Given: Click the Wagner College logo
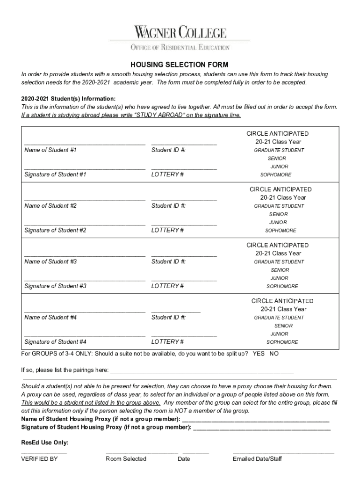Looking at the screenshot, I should point(180,33).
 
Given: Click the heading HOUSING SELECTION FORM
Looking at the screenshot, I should point(180,65).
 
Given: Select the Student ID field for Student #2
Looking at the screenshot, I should point(184,200).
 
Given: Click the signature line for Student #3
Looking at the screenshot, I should point(85,280).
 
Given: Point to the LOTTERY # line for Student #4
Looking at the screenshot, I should point(184,335).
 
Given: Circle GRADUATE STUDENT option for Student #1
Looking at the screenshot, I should point(279,151).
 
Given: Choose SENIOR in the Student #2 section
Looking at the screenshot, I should point(279,214).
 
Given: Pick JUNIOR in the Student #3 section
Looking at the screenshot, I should point(279,278).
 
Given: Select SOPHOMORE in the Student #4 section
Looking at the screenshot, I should point(282,342).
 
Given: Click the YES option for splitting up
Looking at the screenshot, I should point(259,354).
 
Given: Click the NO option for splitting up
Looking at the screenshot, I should point(274,354).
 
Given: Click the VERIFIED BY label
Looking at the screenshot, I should point(39,459).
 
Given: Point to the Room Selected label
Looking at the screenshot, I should point(126,459).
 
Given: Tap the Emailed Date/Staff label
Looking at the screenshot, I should point(257,459).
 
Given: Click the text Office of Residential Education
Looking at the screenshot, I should point(180,47).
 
